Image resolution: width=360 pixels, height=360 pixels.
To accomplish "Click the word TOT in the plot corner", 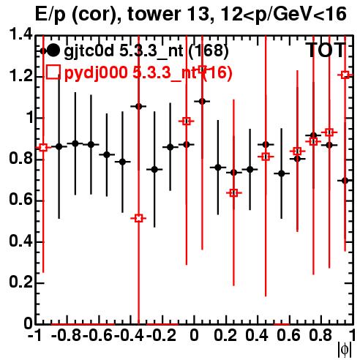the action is [x=326, y=50].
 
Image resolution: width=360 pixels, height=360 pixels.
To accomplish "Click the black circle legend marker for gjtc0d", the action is [x=53, y=50].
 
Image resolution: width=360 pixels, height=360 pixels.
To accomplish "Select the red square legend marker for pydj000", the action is [x=53, y=72].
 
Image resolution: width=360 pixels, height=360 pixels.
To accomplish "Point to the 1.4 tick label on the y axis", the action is [x=20, y=34].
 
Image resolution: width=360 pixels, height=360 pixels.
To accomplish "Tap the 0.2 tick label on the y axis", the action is [x=20, y=282].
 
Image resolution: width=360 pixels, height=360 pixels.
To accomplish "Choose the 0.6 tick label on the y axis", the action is [x=20, y=200].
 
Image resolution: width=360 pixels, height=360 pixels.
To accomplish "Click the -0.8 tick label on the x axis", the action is [x=67, y=335].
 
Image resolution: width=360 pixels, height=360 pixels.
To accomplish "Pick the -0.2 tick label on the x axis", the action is [x=161, y=335].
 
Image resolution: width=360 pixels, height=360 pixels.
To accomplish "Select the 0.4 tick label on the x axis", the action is [x=257, y=335].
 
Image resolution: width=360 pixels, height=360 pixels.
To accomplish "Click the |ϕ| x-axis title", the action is [x=345, y=350].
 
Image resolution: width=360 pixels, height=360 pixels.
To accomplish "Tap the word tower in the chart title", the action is [x=153, y=14].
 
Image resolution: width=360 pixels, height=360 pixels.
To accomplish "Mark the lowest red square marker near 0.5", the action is [x=138, y=218].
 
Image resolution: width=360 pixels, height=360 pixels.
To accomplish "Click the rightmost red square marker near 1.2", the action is [x=345, y=75].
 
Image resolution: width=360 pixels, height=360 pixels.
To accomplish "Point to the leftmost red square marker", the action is [x=43, y=147].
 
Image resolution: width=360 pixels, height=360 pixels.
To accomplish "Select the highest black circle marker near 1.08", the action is [x=202, y=101].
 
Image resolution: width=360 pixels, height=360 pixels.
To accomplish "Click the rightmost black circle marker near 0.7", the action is [x=345, y=181].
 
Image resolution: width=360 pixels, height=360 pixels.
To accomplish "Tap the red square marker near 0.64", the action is [x=233, y=193].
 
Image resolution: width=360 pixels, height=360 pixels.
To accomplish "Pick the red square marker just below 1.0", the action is [x=186, y=121].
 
